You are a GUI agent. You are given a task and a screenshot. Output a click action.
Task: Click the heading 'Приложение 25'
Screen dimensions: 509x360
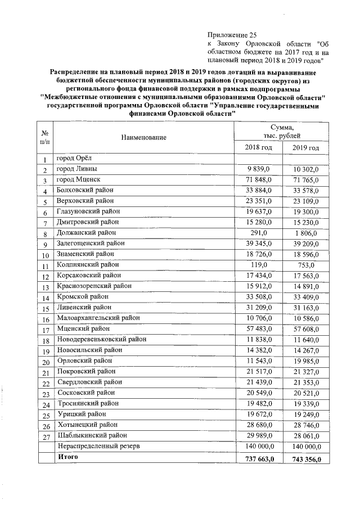tap(232, 35)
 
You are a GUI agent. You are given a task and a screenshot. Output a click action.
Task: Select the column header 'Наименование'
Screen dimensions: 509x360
tap(142, 138)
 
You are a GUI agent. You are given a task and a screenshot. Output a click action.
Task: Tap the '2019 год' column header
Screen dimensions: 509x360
tap(306, 147)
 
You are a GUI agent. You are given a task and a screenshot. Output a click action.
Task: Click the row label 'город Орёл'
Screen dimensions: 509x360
tap(78, 159)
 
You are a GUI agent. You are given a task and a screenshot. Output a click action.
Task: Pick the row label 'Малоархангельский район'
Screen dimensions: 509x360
tap(98, 318)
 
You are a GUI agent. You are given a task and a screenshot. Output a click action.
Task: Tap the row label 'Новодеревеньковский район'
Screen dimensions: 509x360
tap(101, 339)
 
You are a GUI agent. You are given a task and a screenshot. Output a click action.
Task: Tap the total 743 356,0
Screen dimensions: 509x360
tap(304, 459)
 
